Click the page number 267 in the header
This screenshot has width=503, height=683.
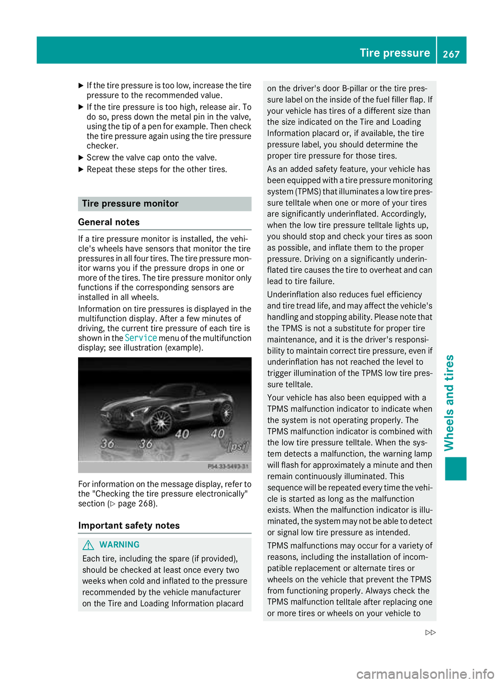point(451,54)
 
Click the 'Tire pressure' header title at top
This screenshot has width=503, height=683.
point(395,53)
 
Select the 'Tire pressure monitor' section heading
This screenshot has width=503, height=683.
point(130,204)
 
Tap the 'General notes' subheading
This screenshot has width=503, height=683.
point(109,222)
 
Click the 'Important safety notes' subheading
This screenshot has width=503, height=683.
point(129,526)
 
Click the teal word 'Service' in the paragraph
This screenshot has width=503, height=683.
point(141,338)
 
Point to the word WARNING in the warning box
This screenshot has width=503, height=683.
point(119,545)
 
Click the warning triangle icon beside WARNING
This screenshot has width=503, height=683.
point(89,545)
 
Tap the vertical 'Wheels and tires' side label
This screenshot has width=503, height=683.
point(449,403)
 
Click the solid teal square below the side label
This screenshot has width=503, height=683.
point(456,468)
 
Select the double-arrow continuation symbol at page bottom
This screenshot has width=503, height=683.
point(430,633)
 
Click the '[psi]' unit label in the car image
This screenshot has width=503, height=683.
point(237,447)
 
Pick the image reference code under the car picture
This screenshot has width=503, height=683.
point(228,466)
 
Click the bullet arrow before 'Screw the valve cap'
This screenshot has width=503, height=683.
point(81,157)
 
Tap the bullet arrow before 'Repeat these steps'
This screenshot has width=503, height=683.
point(81,169)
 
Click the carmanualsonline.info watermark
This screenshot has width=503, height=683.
point(425,674)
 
